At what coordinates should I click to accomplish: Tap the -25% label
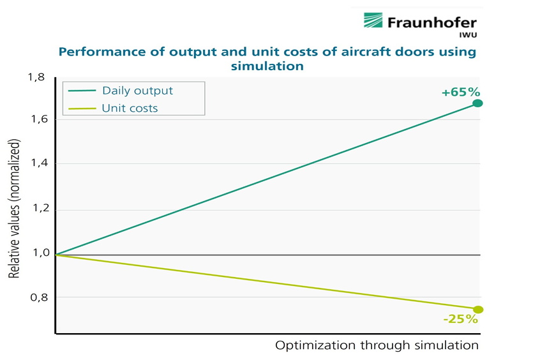[460, 319]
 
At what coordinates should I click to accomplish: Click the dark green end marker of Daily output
[477, 103]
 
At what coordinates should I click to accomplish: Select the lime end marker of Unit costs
[478, 310]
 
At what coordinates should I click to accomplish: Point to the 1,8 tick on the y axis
[36, 77]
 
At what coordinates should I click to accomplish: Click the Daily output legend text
[137, 91]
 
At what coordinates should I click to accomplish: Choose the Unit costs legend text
[130, 108]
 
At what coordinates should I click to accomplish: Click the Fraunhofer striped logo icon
[373, 20]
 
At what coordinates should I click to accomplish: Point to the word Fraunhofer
[431, 22]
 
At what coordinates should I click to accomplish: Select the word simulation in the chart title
[267, 66]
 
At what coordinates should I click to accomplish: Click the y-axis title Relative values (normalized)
[14, 209]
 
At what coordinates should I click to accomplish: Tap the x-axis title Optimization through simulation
[377, 345]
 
